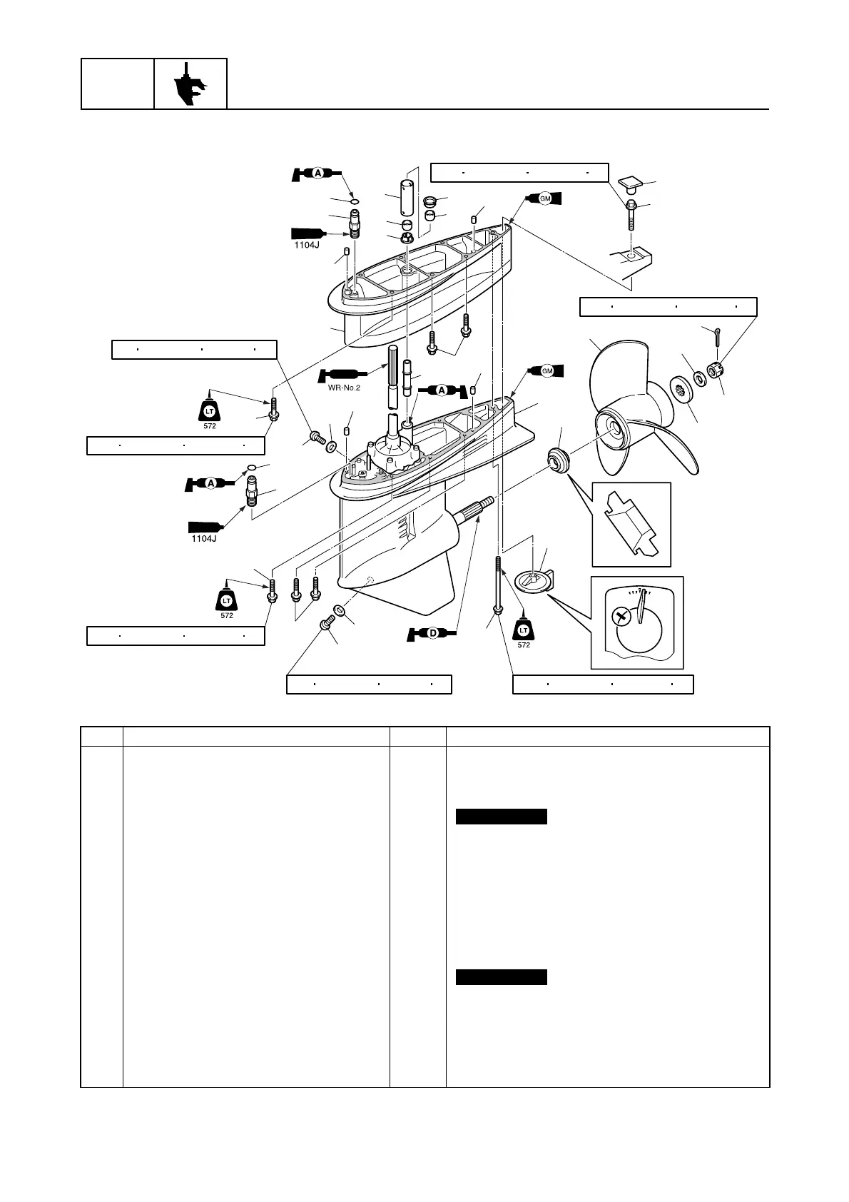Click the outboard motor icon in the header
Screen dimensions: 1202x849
click(x=190, y=84)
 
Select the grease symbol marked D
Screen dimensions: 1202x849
click(x=432, y=632)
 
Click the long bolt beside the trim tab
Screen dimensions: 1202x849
click(x=497, y=585)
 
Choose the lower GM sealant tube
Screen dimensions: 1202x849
click(x=546, y=370)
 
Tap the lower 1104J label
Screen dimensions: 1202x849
click(x=204, y=538)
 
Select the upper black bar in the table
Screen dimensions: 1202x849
click(x=502, y=817)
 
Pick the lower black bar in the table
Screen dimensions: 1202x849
click(x=502, y=977)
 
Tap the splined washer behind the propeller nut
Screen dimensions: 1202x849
click(x=683, y=391)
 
